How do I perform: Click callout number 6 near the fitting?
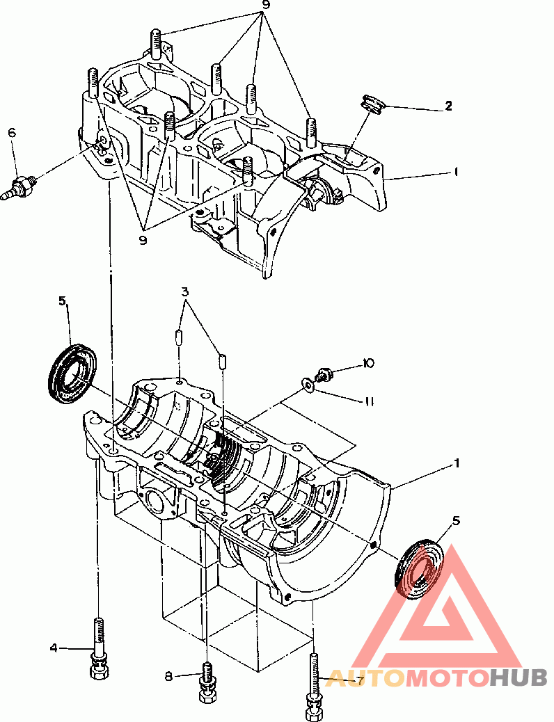pos(12,133)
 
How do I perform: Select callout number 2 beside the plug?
pos(448,106)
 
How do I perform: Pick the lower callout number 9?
pos(143,240)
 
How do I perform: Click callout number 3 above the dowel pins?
pos(185,291)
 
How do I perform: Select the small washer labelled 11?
pos(308,385)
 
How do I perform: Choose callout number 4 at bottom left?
pos(54,648)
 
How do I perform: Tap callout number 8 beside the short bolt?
pos(168,676)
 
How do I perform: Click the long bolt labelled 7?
pos(315,686)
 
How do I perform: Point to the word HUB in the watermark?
pos(518,677)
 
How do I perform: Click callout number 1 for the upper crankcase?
pos(456,172)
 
